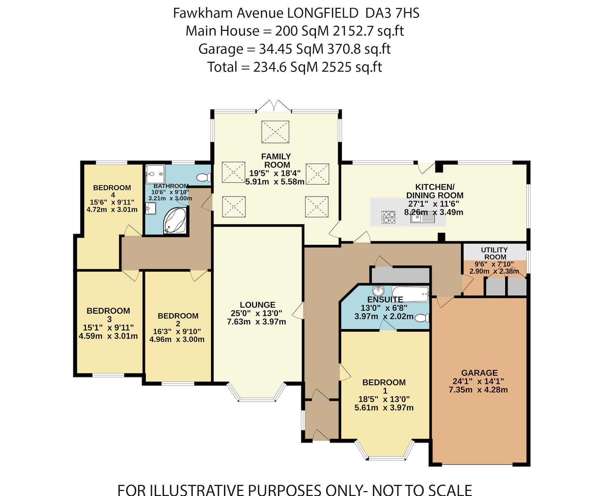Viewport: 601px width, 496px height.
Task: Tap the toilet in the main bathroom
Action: (204, 177)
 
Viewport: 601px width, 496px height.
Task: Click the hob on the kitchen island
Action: (388, 217)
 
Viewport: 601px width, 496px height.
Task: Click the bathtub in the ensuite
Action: (410, 294)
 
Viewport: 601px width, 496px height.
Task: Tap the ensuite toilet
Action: (422, 318)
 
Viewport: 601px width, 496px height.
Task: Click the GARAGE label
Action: (479, 373)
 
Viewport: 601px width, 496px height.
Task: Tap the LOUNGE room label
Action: (257, 305)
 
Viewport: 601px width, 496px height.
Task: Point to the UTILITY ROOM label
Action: (494, 253)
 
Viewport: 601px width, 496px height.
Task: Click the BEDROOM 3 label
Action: (108, 315)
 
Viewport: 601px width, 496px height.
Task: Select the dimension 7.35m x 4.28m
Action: (478, 390)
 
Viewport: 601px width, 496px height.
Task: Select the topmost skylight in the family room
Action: (275, 132)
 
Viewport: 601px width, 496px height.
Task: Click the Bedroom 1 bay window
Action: (385, 457)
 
